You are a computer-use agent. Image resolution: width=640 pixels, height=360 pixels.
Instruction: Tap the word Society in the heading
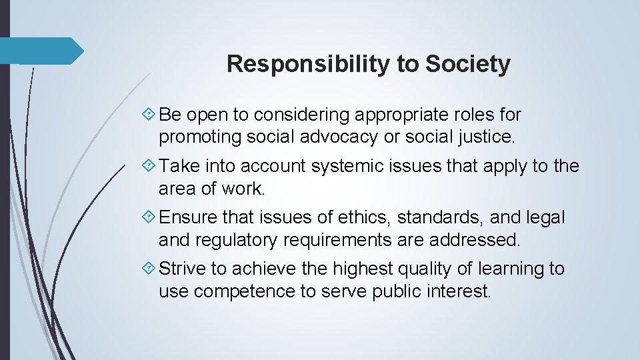pyautogui.click(x=468, y=64)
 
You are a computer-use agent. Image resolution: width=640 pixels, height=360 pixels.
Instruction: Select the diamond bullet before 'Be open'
pyautogui.click(x=149, y=115)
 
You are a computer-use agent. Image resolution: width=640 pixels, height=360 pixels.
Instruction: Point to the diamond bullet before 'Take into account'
pyautogui.click(x=149, y=166)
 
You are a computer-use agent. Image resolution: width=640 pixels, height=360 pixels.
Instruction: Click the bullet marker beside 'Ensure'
pyautogui.click(x=149, y=217)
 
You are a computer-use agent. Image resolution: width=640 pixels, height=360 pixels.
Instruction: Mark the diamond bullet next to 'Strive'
pyautogui.click(x=149, y=269)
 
